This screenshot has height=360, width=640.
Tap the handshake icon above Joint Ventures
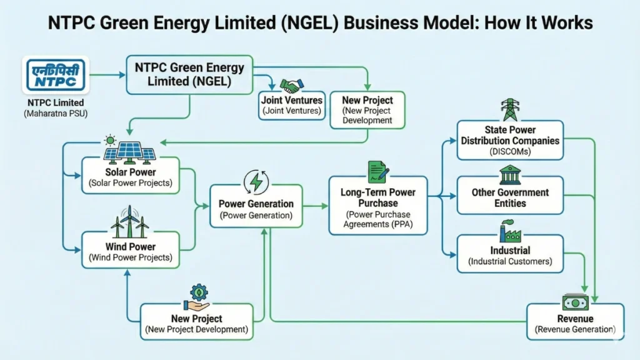pos(291,86)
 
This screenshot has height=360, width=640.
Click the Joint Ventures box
pos(291,106)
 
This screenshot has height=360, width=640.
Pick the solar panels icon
pos(130,149)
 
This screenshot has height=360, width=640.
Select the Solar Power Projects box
pos(131,177)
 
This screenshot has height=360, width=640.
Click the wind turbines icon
pos(130,219)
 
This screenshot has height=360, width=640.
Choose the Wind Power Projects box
pos(131,251)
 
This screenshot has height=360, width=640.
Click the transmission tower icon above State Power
pos(511,110)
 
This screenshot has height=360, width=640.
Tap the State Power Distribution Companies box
pos(511,141)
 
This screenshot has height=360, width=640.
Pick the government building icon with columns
pos(511,175)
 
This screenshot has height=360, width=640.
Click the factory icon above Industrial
pos(511,231)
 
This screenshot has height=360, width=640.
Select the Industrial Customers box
pos(511,255)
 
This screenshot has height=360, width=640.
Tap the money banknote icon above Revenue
pos(575,302)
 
